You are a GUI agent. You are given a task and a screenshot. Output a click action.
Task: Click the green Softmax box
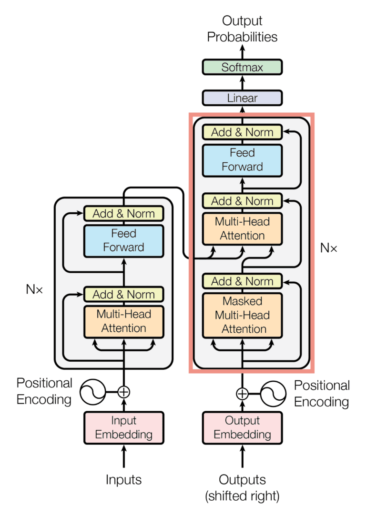tap(242, 67)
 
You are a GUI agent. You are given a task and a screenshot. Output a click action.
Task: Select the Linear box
tap(242, 98)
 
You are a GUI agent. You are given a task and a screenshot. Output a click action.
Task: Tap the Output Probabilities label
tap(242, 29)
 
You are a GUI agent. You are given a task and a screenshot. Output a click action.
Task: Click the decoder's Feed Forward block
tap(242, 160)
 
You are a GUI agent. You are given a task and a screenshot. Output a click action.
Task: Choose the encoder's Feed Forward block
tap(123, 240)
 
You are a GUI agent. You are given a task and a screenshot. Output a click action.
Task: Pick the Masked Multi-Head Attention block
tap(242, 315)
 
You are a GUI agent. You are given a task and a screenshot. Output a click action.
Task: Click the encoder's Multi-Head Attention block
tap(123, 321)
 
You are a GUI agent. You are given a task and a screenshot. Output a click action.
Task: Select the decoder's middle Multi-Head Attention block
tap(242, 229)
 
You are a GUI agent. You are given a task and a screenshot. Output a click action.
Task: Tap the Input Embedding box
tap(123, 427)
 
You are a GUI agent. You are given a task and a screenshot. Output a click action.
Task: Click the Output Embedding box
tap(242, 427)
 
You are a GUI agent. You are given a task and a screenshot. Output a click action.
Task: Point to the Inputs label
tap(123, 479)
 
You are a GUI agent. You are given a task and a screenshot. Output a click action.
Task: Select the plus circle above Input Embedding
tap(123, 392)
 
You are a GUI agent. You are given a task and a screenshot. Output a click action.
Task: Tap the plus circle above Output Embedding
tap(242, 394)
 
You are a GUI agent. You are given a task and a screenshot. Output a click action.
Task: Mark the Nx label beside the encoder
tap(34, 289)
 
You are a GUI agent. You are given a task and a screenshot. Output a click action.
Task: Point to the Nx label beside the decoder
tap(329, 248)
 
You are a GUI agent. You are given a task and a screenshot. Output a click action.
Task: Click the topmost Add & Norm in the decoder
tap(242, 132)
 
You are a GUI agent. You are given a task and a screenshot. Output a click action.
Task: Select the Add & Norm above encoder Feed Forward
tap(123, 214)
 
